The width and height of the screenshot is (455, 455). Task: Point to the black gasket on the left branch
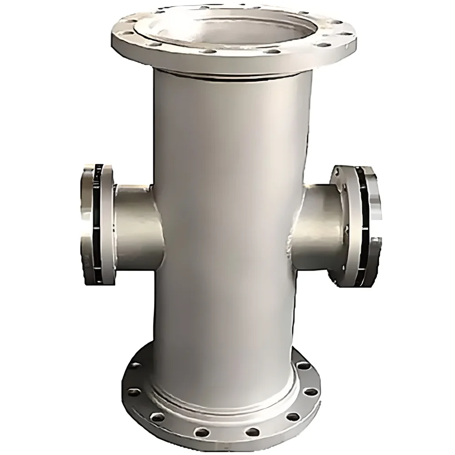pos(96,223)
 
